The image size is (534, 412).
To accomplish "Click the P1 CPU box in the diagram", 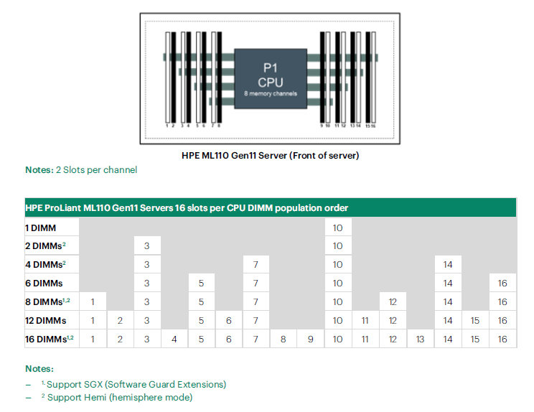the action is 271,79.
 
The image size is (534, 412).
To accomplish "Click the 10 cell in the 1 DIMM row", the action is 338,228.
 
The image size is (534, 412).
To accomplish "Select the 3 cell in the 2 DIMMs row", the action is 147,246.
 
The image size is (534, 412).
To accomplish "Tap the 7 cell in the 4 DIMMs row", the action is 256,265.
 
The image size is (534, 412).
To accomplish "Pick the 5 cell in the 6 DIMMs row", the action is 201,284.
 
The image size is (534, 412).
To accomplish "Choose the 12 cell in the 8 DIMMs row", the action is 393,302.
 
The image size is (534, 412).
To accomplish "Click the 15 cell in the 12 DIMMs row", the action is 475,321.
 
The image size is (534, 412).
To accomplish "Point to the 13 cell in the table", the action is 421,339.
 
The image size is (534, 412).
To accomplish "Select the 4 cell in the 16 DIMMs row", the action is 174,339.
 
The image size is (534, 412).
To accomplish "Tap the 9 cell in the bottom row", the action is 310,339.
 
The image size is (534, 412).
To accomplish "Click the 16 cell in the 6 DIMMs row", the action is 502,284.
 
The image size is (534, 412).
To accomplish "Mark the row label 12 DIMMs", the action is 46,321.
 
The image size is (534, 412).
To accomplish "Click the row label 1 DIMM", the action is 40,228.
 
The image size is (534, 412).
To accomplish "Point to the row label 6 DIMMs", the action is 44,284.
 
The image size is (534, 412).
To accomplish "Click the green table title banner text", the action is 187,208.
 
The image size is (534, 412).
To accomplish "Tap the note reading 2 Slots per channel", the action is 96,170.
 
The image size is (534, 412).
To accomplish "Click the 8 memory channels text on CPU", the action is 271,93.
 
